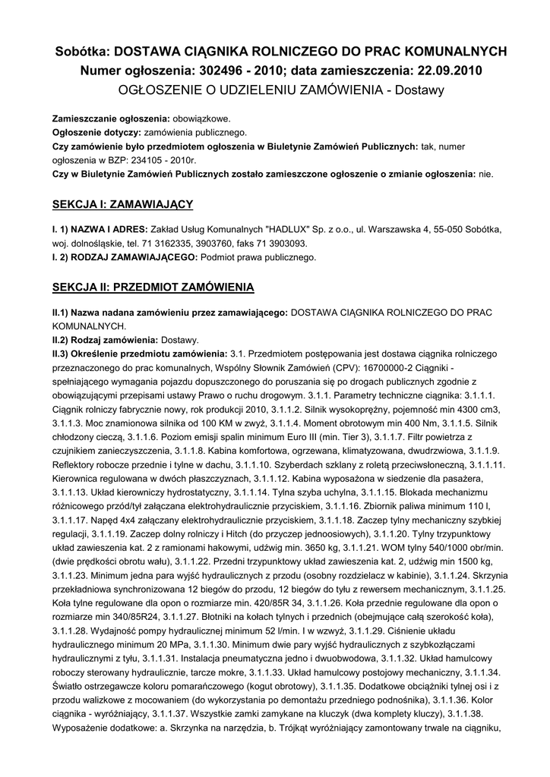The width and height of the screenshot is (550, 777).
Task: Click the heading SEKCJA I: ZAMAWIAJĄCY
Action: (x=122, y=204)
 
